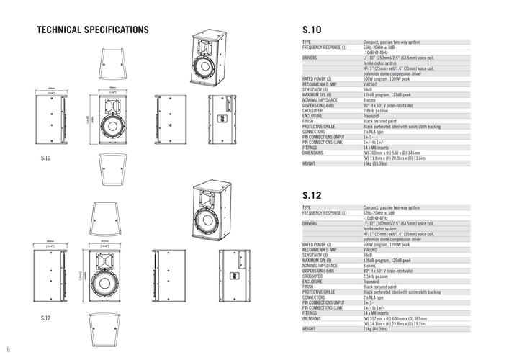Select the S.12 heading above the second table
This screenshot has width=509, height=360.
pos(312,195)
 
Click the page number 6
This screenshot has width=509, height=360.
pos(9,350)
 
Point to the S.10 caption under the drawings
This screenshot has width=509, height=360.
pos(46,157)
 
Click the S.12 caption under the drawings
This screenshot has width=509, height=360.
pos(45,318)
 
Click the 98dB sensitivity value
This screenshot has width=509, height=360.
pos(368,89)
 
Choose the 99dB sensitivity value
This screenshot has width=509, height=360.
pos(368,255)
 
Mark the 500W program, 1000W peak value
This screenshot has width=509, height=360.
pos(389,78)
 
